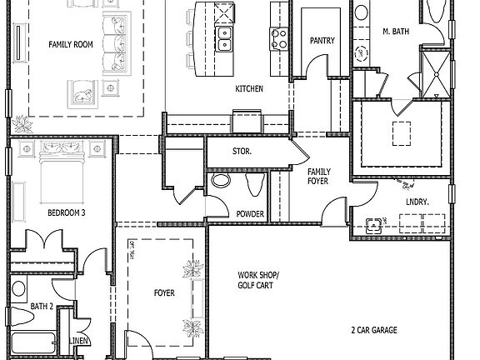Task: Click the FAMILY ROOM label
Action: coord(70,44)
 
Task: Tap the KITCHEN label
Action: coord(249,88)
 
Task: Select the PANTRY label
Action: coord(322,40)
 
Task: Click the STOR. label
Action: coord(242,152)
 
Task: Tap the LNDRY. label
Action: coord(416,202)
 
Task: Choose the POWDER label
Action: coord(249,214)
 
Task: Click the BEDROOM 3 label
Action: coord(66,212)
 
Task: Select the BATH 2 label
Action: coord(42,307)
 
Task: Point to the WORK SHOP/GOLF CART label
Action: coord(259,280)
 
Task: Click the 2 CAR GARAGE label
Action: coord(373,330)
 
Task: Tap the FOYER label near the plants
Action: coord(164,292)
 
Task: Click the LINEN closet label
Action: coord(79,341)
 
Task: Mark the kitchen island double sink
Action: coord(222,37)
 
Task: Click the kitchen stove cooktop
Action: coord(277,36)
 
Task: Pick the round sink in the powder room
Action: coord(221,180)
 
